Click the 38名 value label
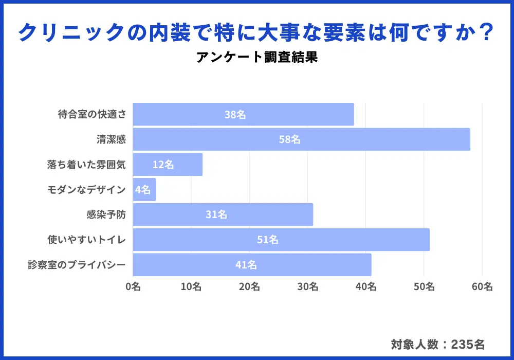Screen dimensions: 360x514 tap(235, 115)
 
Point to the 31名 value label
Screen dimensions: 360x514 tap(216, 215)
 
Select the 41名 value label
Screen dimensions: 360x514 tap(246, 265)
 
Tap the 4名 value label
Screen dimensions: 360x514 tap(143, 190)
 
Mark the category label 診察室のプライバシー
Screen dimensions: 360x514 tap(77, 265)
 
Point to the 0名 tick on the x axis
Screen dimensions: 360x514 tap(133, 287)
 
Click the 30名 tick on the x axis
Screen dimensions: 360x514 tap(307, 287)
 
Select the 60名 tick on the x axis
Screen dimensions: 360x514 tap(482, 287)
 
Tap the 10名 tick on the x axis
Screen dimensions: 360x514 tap(191, 287)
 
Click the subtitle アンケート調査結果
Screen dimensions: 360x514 tap(256, 57)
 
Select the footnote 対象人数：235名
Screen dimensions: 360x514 tap(437, 344)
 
